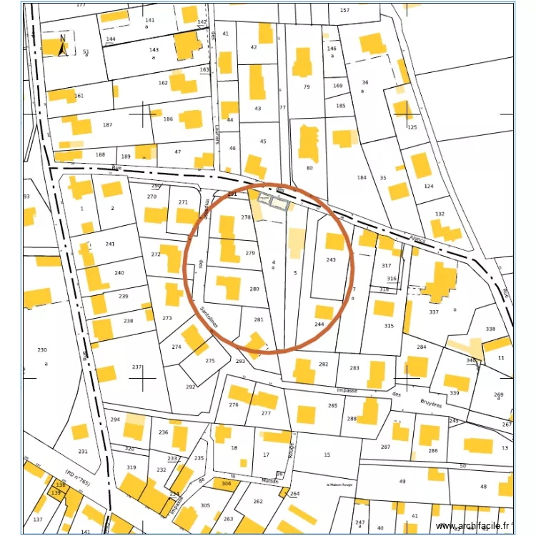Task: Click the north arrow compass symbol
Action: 62,45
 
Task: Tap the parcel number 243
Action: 331,259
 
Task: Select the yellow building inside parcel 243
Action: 334,242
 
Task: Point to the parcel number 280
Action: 254,289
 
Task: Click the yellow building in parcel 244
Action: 324,312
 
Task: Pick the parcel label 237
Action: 137,367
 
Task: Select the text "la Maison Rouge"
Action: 340,484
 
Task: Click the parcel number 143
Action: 154,49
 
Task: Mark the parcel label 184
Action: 362,177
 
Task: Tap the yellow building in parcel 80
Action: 309,142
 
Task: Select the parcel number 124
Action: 429,186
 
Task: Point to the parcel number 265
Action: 332,405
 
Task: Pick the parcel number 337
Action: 434,312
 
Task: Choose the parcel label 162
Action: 163,83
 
